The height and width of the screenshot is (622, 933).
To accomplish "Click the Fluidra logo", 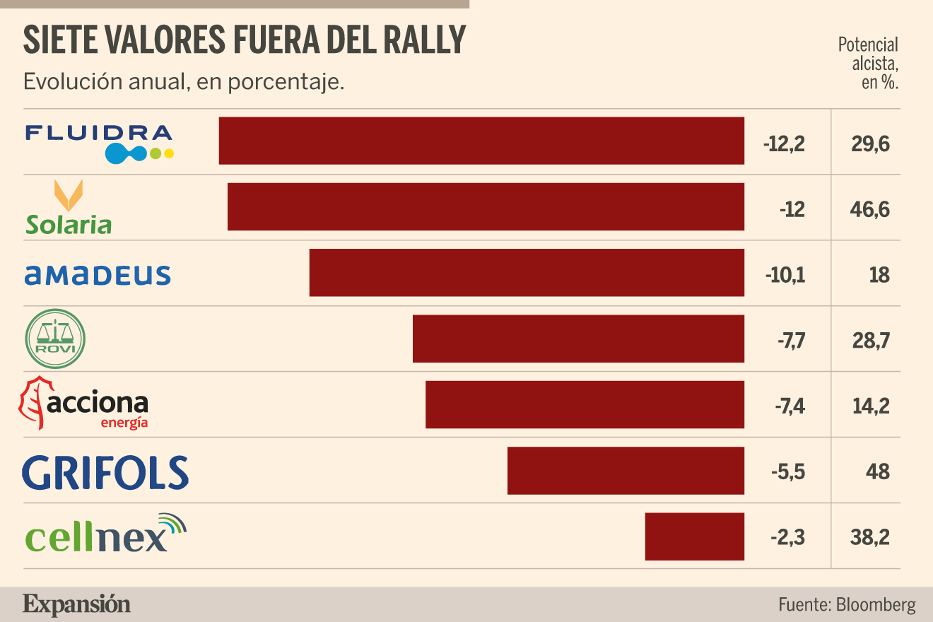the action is (99, 143).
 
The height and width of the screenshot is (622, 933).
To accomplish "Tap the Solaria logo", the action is (69, 207).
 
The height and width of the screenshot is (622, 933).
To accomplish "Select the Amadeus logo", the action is (98, 276).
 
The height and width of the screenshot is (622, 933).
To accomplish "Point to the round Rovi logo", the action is (55, 339).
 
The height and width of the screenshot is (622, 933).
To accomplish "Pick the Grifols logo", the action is (105, 472).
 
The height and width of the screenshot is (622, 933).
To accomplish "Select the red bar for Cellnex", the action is (695, 536).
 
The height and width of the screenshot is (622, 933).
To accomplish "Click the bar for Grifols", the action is (626, 471).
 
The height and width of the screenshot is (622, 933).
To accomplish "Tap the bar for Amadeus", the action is (527, 273).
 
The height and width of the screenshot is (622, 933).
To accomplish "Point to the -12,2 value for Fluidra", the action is (784, 144).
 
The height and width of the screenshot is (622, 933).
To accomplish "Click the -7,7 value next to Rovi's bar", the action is (791, 341).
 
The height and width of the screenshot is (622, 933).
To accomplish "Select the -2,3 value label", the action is (787, 537).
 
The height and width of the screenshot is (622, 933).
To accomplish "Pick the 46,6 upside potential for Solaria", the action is (869, 209).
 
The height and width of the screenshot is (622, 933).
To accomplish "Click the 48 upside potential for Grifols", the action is (878, 472).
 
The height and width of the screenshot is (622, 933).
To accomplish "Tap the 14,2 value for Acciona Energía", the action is (871, 406).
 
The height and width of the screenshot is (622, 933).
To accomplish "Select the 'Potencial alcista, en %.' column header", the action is (868, 64).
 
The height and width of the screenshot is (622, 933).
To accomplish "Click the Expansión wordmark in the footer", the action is (76, 605).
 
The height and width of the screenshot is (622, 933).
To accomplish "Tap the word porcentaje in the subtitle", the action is (286, 82).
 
